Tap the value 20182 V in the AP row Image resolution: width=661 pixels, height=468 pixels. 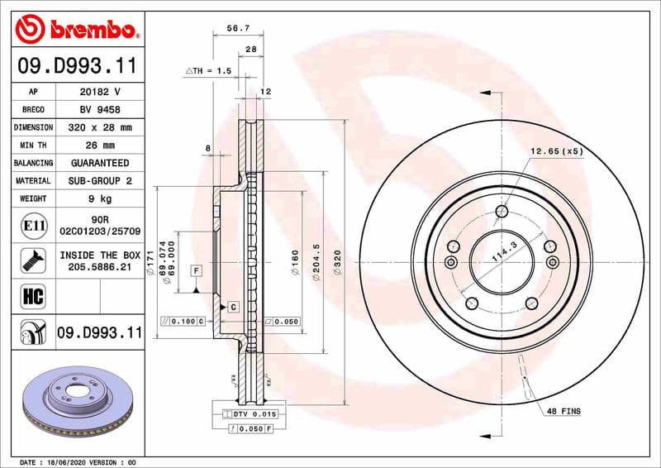101,92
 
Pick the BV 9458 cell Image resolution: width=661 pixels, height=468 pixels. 101,109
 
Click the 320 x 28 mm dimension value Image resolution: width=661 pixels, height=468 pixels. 101,127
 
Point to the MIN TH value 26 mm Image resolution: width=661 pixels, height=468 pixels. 101,146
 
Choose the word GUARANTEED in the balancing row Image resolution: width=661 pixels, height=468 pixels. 101,163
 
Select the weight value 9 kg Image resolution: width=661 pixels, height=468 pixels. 101,198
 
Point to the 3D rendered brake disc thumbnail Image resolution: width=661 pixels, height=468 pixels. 78,405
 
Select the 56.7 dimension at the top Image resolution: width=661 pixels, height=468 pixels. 237,28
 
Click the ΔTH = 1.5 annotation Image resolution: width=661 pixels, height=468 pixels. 207,72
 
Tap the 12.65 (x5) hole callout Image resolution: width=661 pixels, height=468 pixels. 556,151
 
